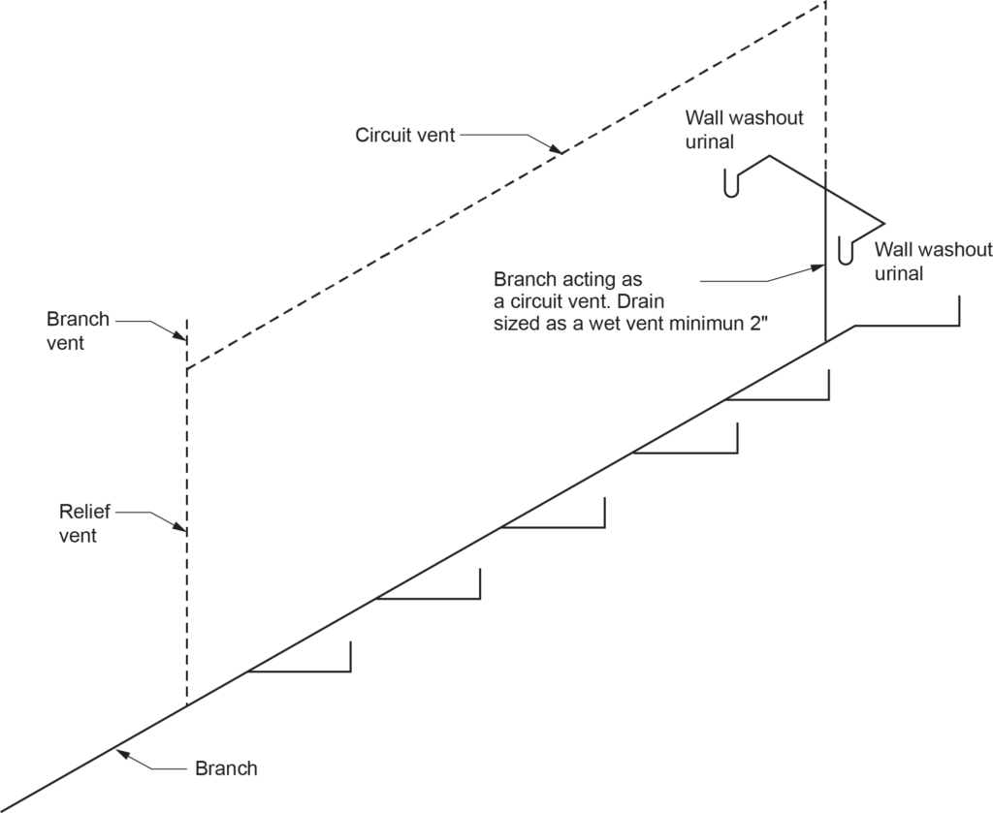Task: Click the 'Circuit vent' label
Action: pyautogui.click(x=404, y=135)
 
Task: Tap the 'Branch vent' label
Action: pyautogui.click(x=78, y=330)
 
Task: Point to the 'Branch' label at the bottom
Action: pyautogui.click(x=226, y=769)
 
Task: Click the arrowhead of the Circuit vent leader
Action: pyautogui.click(x=558, y=150)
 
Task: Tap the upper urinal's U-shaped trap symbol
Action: pyautogui.click(x=735, y=183)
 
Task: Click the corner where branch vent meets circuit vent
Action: pyautogui.click(x=186, y=369)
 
